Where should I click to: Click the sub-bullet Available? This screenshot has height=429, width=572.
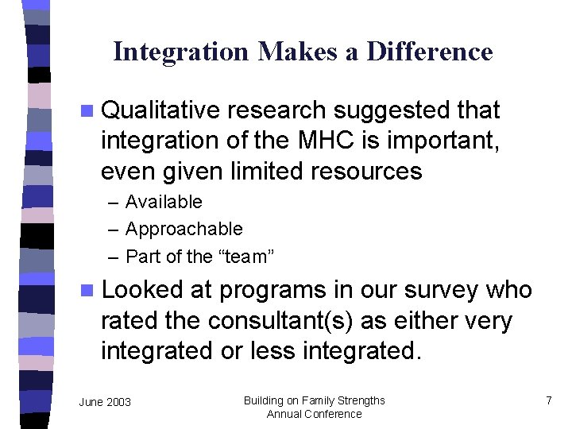pos(164,202)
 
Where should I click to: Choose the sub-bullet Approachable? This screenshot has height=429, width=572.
pos(184,229)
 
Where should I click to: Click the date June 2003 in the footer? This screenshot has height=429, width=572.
pos(105,402)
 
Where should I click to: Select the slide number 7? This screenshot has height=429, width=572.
pos(548,400)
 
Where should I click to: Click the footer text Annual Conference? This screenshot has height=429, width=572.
pos(314,414)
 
